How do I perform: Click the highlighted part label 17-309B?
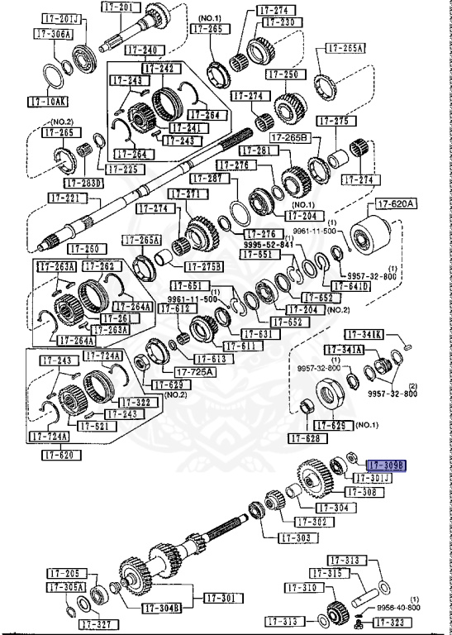[x=387, y=466]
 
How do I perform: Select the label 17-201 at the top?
[x=117, y=7]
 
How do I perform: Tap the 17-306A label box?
[x=54, y=34]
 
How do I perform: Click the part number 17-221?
[x=64, y=198]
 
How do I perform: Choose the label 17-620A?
[x=397, y=203]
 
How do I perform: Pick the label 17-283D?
[x=84, y=183]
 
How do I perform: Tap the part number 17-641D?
[x=352, y=287]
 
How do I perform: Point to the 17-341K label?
[x=364, y=334]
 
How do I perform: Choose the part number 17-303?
[x=296, y=537]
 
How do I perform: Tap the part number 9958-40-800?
[x=399, y=608]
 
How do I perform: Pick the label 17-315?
[x=329, y=573]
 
